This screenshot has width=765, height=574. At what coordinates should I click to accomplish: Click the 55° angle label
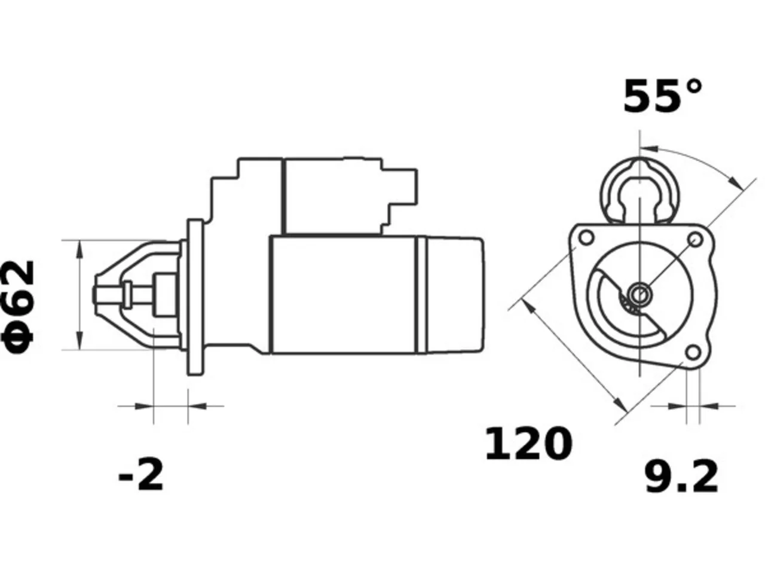(x=662, y=96)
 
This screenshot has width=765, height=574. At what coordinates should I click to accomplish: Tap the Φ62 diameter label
(x=18, y=307)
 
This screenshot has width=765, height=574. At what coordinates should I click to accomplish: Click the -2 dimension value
(x=141, y=474)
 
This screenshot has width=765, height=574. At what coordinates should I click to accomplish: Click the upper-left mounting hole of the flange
(x=586, y=238)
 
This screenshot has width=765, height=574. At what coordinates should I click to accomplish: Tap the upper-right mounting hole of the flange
(x=695, y=240)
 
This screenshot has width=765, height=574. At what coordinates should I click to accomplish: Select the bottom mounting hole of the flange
(x=693, y=353)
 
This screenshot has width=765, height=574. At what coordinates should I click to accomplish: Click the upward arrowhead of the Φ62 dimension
(x=80, y=249)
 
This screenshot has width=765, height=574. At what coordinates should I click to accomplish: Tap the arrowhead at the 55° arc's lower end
(x=736, y=182)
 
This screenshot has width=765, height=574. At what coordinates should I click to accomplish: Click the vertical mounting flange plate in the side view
(x=195, y=297)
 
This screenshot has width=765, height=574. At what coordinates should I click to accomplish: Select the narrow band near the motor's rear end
(x=422, y=295)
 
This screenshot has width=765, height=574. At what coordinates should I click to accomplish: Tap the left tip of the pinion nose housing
(x=94, y=295)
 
